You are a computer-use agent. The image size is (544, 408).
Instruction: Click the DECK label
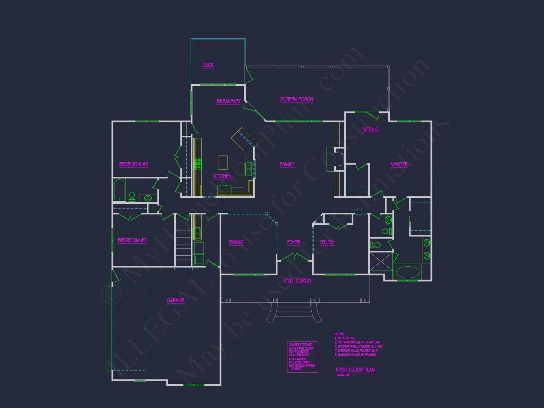coord(208,65)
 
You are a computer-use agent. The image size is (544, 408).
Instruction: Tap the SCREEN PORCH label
coord(296,100)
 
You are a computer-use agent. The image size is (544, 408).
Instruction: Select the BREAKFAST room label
coord(229,101)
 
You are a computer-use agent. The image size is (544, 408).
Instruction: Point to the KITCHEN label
coord(222,177)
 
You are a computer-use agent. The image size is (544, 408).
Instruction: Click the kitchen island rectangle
coord(223,162)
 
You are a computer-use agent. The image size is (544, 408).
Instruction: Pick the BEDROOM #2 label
coord(134,164)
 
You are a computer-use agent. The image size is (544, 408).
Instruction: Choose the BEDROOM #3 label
coord(132,240)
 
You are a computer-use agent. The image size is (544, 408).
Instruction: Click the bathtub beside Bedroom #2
coord(119,190)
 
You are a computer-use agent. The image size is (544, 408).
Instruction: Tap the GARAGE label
coord(175,300)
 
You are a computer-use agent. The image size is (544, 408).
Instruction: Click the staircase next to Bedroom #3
coord(183,248)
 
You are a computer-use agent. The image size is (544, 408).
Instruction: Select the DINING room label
coord(236,242)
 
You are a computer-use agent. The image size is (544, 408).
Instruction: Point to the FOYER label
coord(294,242)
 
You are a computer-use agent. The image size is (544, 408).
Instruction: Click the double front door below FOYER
coord(295,258)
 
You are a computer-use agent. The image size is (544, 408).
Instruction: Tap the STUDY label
coord(327,242)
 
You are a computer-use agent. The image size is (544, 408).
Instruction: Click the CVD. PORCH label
coord(297,281)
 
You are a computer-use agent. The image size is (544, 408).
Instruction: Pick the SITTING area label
coord(369,130)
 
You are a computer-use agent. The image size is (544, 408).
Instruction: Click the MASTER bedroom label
coord(399,164)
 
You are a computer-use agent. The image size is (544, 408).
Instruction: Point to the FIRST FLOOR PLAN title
coord(355,370)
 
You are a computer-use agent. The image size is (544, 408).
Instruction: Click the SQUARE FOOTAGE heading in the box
coord(301,344)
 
